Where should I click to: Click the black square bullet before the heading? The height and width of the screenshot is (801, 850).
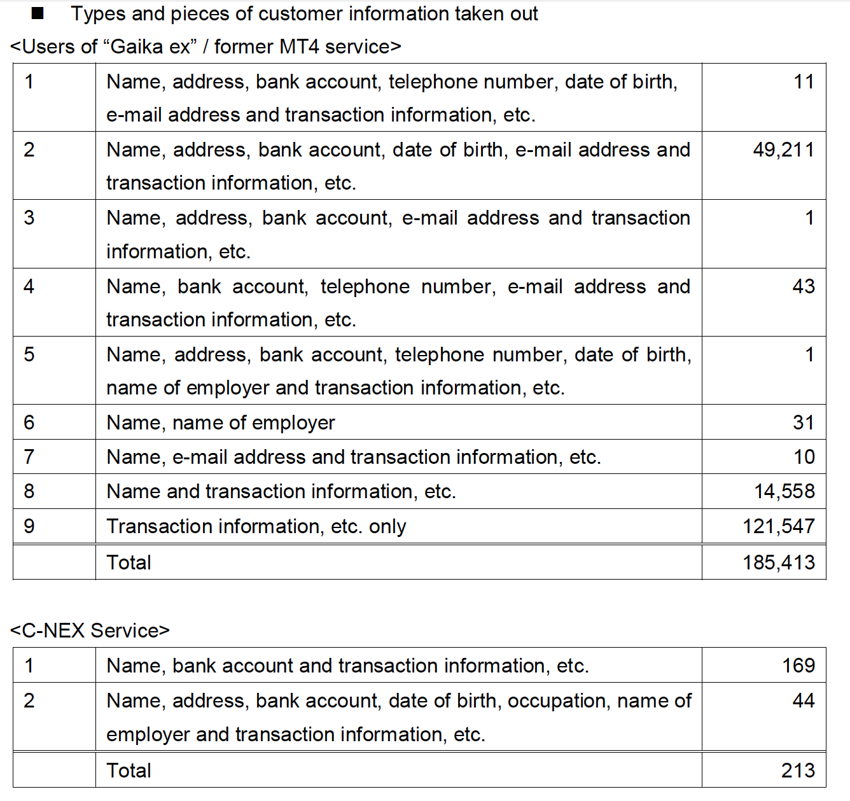click(38, 14)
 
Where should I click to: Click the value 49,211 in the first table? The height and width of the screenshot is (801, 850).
click(783, 150)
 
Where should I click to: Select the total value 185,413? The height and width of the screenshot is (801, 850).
click(779, 562)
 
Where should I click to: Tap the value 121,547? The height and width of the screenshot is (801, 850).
click(779, 526)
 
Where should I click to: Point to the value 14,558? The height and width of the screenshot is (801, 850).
click(784, 491)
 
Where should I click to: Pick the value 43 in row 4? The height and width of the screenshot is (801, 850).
click(804, 286)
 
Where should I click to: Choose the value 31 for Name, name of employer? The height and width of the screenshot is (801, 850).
click(804, 422)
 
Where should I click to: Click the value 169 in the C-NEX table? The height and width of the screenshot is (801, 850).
click(798, 665)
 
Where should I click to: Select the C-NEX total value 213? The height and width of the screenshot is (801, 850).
click(798, 770)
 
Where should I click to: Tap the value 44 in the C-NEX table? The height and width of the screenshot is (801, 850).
click(804, 701)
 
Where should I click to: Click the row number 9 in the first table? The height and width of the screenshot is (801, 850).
click(29, 526)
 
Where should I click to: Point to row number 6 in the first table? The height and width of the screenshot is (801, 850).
click(29, 422)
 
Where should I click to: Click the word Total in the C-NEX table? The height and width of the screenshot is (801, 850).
click(129, 770)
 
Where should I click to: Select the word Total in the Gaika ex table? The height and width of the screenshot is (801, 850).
click(129, 562)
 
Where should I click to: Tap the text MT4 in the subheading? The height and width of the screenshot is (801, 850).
click(299, 46)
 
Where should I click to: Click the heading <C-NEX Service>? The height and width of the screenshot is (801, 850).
click(90, 630)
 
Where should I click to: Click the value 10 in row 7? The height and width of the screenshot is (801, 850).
click(804, 457)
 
